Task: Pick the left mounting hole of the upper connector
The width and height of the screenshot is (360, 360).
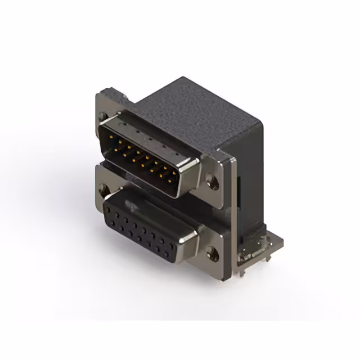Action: click(103, 116)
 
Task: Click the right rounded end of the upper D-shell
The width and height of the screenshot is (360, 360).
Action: click(191, 169)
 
